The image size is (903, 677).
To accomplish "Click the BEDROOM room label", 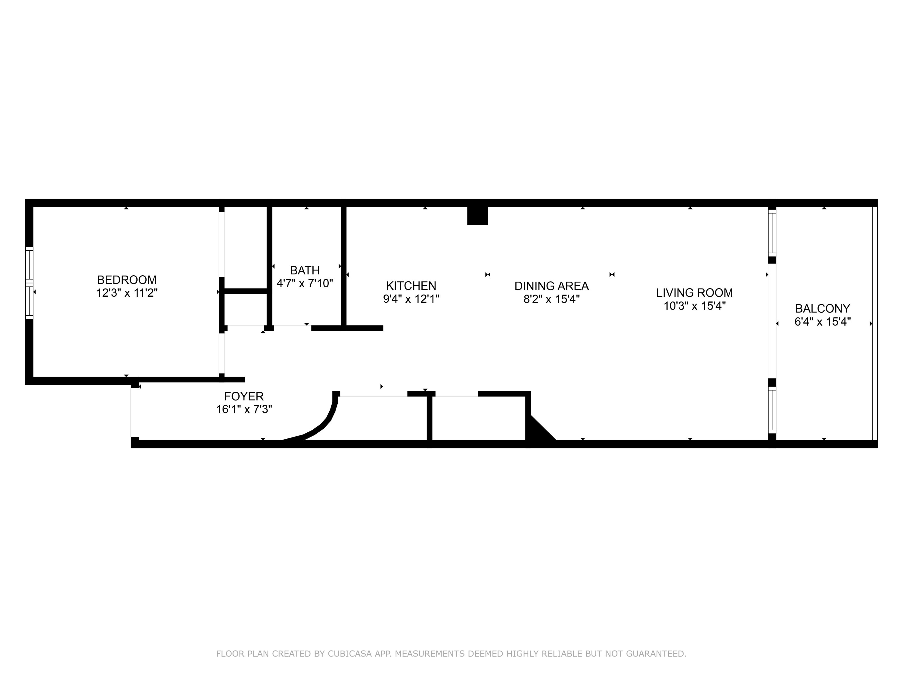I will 126,280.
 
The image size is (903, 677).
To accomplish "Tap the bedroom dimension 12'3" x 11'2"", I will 126,293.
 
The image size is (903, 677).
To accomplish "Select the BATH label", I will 305,270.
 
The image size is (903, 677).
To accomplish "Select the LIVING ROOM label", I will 694,292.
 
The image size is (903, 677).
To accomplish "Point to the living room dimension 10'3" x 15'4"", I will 694,306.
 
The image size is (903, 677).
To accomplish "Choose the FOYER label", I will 244,396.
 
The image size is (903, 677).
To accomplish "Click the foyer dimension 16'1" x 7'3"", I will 244,409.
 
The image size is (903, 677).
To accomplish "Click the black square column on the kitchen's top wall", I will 477,215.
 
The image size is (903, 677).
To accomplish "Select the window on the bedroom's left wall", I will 29,283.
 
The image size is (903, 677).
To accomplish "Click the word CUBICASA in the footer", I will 349,654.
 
